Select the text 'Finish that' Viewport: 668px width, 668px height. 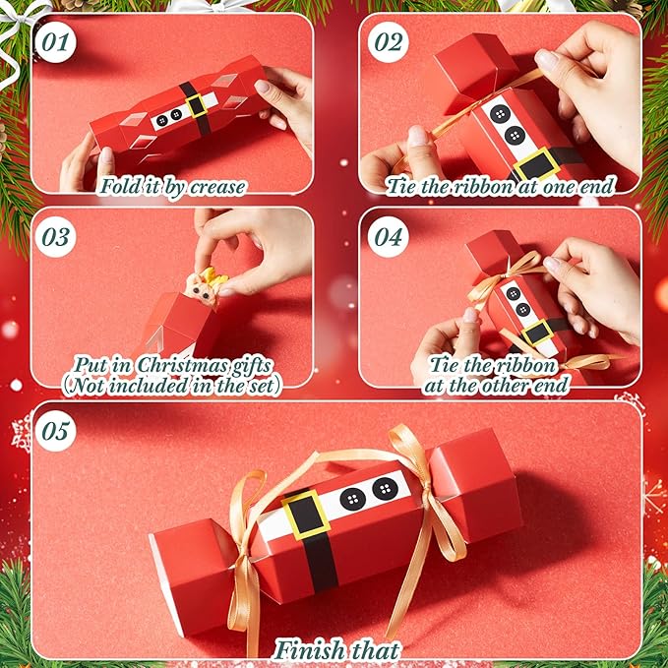coord(337,649)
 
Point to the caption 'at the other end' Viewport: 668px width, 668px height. coord(497,385)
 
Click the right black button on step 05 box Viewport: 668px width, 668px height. coord(384,489)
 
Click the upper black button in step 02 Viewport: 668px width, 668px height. coord(500,114)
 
